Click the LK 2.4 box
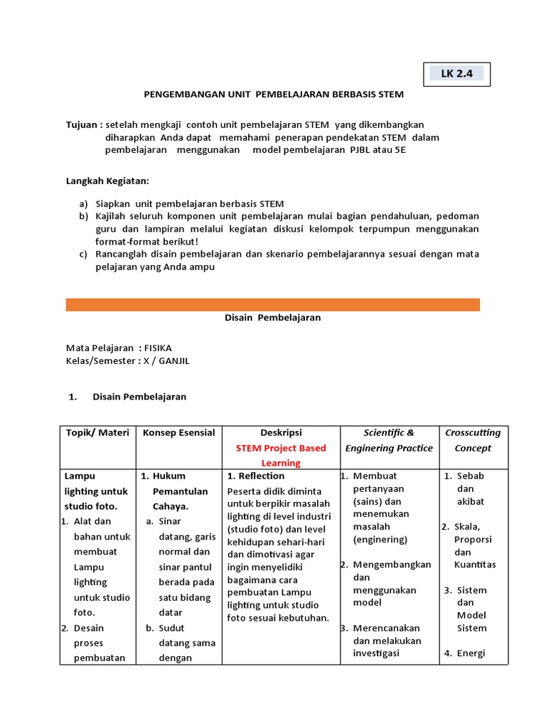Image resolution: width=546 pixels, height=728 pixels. (x=456, y=73)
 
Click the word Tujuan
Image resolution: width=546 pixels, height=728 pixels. (x=82, y=124)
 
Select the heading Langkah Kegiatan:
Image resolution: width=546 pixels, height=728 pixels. (x=107, y=181)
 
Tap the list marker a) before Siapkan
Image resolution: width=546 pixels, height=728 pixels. (x=83, y=204)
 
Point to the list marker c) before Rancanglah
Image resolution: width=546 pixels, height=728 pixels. (x=83, y=255)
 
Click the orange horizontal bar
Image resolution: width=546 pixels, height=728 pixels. (x=272, y=304)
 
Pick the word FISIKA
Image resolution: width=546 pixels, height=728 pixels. (x=158, y=348)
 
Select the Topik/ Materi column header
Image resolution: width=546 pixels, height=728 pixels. (x=97, y=433)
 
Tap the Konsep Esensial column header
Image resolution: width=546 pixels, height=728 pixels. (x=178, y=433)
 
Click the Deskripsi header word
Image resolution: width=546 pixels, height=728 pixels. (x=281, y=433)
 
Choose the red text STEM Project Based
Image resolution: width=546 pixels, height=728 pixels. (x=281, y=448)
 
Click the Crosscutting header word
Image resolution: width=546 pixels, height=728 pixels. (x=473, y=433)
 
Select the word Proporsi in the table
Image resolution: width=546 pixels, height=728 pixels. (x=473, y=540)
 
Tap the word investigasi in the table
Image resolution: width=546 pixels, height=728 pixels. (x=376, y=653)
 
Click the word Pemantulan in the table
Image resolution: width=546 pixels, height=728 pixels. (x=180, y=491)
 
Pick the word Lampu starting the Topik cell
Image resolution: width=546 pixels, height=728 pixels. (x=80, y=476)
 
